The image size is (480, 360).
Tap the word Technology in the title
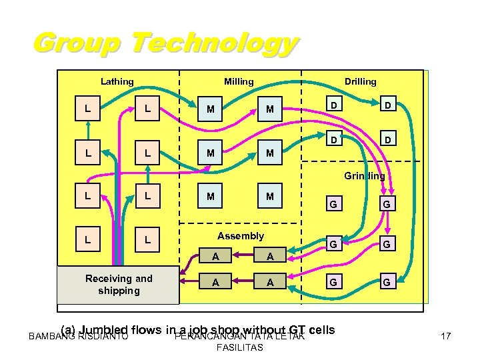[213, 45]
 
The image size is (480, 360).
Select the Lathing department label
[117, 82]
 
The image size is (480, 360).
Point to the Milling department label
[239, 82]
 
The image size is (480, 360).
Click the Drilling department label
[360, 81]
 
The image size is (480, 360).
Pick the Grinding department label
[365, 177]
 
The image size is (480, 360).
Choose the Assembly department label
[241, 236]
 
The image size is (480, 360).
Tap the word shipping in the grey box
[119, 291]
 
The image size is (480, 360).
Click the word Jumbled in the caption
[106, 329]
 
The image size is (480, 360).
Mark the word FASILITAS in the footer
[239, 347]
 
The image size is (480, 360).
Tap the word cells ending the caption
[321, 329]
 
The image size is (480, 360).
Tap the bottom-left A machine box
[215, 282]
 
